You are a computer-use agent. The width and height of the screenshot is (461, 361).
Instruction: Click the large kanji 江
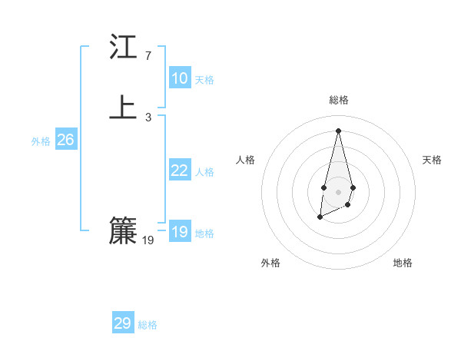(123, 48)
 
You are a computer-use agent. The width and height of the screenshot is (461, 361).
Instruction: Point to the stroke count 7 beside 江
(148, 56)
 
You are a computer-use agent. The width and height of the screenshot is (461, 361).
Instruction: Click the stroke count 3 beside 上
(148, 118)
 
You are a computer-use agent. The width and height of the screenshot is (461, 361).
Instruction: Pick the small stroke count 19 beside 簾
(148, 240)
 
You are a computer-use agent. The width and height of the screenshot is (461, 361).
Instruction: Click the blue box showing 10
(180, 78)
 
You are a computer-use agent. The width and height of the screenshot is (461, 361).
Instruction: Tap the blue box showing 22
(180, 171)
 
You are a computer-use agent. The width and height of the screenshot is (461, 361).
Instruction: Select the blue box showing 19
(180, 232)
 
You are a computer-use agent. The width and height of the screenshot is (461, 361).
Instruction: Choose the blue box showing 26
(66, 140)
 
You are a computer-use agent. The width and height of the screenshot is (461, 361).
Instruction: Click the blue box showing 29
(123, 323)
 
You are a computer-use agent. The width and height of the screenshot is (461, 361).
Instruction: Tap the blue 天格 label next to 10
(204, 80)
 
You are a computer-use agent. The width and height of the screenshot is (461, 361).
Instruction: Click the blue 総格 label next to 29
(148, 325)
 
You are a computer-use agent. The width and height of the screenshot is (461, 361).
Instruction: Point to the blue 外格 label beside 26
(41, 141)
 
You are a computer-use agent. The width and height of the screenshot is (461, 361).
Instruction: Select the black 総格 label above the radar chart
(339, 100)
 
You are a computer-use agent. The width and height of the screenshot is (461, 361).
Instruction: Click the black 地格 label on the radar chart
(403, 263)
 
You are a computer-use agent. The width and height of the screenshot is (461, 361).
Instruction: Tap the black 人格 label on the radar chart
(246, 160)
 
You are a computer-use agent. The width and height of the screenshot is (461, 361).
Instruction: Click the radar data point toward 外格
(320, 219)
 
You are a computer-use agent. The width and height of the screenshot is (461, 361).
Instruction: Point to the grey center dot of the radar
(339, 191)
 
